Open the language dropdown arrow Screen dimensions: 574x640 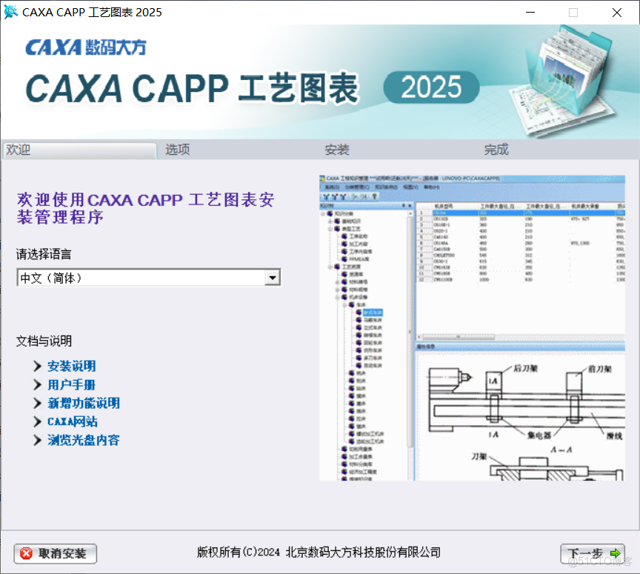coord(273,278)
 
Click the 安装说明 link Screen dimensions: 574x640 coord(71,366)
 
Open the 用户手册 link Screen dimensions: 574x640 coord(71,384)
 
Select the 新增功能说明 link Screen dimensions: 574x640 coord(83,403)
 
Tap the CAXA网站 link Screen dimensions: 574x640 coord(72,421)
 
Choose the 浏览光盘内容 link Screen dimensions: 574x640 coord(83,440)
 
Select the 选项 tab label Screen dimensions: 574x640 coord(178,150)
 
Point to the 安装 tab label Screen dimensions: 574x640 coord(337,150)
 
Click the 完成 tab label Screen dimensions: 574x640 coord(496,150)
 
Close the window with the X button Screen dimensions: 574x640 coord(617,13)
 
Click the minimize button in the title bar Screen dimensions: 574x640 coord(530,13)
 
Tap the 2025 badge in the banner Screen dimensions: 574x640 coord(431,88)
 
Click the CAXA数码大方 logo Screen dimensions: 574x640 coord(86,47)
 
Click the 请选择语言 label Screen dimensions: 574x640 coord(44,254)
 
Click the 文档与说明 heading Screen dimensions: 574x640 coord(44,341)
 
